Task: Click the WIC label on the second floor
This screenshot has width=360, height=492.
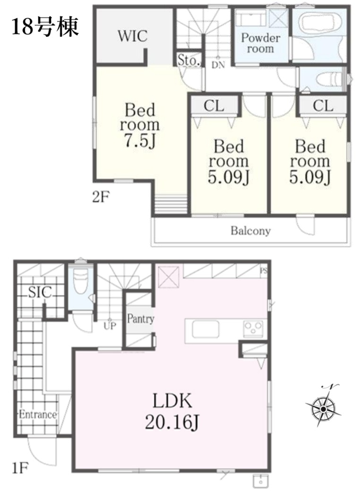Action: tap(132, 36)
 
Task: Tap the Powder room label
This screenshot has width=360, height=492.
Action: tap(260, 43)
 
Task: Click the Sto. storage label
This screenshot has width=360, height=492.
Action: tap(189, 60)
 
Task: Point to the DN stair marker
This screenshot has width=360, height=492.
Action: tap(218, 65)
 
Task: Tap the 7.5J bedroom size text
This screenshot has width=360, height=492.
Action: tap(139, 140)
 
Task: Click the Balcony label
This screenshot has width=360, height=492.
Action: tap(250, 231)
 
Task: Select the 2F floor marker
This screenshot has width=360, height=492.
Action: tap(101, 198)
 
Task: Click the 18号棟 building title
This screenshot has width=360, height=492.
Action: tap(44, 26)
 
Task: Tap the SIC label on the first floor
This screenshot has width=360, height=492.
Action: tap(40, 293)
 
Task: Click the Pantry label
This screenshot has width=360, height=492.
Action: tap(140, 319)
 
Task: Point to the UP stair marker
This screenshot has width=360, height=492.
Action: tap(110, 326)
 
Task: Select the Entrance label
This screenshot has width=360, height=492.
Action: tap(38, 414)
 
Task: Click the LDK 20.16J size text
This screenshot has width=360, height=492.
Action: tap(172, 411)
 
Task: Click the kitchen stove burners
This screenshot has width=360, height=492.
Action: tap(253, 329)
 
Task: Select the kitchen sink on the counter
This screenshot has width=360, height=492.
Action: tap(206, 329)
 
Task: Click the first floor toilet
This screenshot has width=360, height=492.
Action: tap(80, 281)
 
